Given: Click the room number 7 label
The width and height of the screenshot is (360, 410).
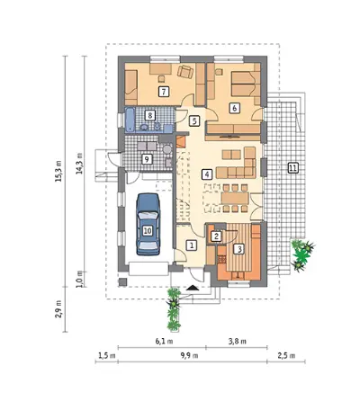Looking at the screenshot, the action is click(x=164, y=91).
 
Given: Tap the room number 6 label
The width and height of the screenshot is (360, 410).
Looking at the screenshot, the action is click(x=235, y=108).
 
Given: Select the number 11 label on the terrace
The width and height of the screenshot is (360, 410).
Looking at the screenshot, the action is click(x=292, y=168).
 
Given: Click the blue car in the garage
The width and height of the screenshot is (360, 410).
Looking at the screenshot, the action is click(x=148, y=224).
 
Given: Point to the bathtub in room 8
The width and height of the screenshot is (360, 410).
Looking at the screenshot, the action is click(x=130, y=120).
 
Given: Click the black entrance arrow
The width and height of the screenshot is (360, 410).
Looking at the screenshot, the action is click(x=193, y=288).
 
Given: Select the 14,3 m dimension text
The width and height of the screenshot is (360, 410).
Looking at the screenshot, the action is click(x=79, y=164).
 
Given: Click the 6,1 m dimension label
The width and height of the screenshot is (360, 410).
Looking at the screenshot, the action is click(x=164, y=342).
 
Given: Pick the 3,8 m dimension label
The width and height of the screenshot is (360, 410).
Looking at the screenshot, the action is click(x=238, y=342).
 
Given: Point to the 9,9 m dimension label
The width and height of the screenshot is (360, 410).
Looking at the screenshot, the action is click(x=189, y=356).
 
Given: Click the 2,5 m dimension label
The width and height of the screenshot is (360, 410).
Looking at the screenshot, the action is click(x=286, y=356).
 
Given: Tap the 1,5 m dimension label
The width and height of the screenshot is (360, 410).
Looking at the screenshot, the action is click(x=107, y=356).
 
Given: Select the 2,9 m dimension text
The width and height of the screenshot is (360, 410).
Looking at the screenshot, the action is click(x=58, y=309).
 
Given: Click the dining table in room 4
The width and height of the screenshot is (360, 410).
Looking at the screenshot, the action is click(x=235, y=199).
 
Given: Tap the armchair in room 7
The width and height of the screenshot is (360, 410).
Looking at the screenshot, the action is click(x=185, y=72).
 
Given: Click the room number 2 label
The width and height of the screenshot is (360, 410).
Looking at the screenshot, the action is click(x=216, y=236).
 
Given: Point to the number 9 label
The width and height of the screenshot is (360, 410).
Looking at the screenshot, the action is click(x=147, y=159).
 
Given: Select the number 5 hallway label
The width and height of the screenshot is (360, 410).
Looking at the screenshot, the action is click(x=194, y=121).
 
